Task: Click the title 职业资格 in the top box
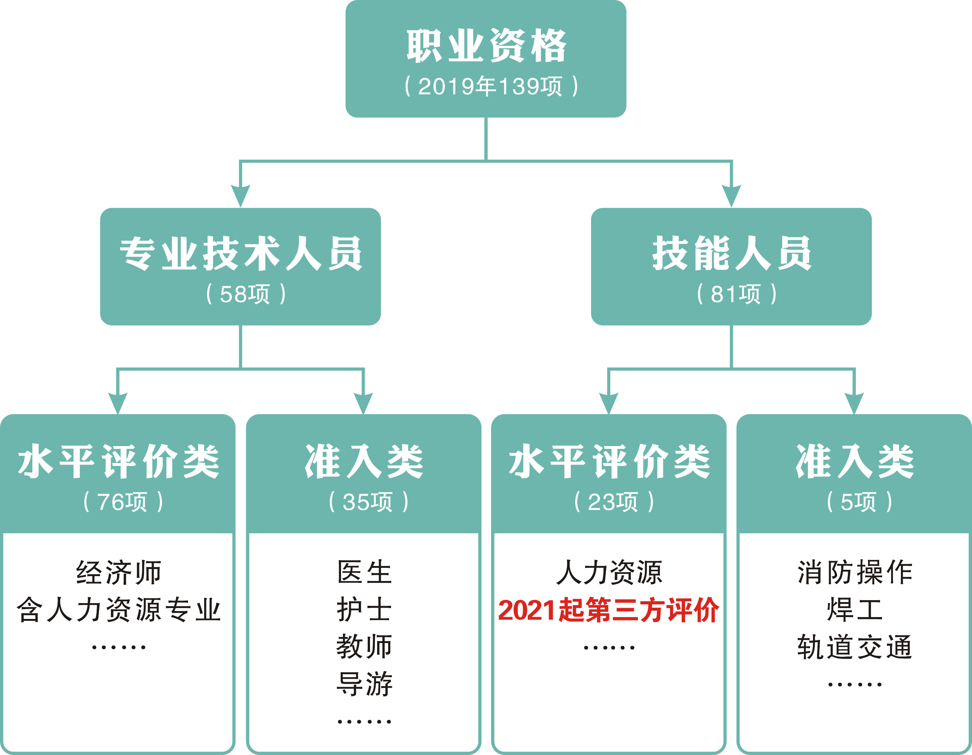[x=486, y=45]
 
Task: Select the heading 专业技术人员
[x=240, y=253]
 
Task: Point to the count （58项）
[x=246, y=294]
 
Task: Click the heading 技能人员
[x=732, y=253]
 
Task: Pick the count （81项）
[x=737, y=294]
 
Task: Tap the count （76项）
[x=123, y=502]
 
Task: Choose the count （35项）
[x=368, y=502]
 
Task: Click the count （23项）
[x=614, y=502]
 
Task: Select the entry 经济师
[x=118, y=573]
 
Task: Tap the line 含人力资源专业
[x=118, y=610]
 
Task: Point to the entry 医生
[x=364, y=573]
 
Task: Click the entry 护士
[x=364, y=610]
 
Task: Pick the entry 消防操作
[x=855, y=573]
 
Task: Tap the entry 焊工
[x=855, y=610]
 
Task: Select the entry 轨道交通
[x=855, y=647]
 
